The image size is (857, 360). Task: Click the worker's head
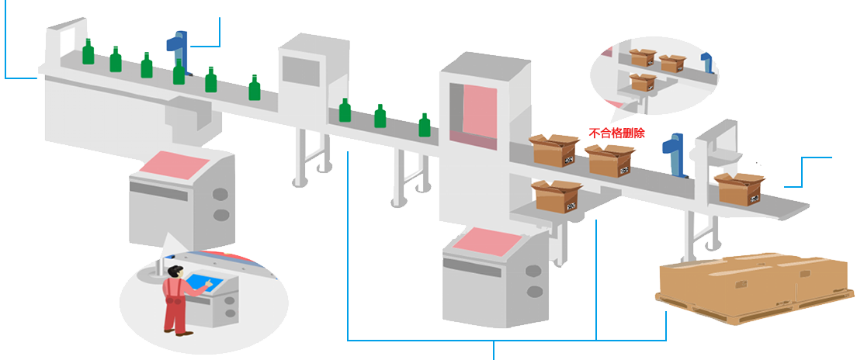click(175, 272)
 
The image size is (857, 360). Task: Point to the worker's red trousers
click(175, 315)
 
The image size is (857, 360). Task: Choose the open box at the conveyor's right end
click(741, 189)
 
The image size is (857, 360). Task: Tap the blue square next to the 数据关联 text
click(205, 33)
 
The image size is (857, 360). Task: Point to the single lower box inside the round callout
click(641, 81)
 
